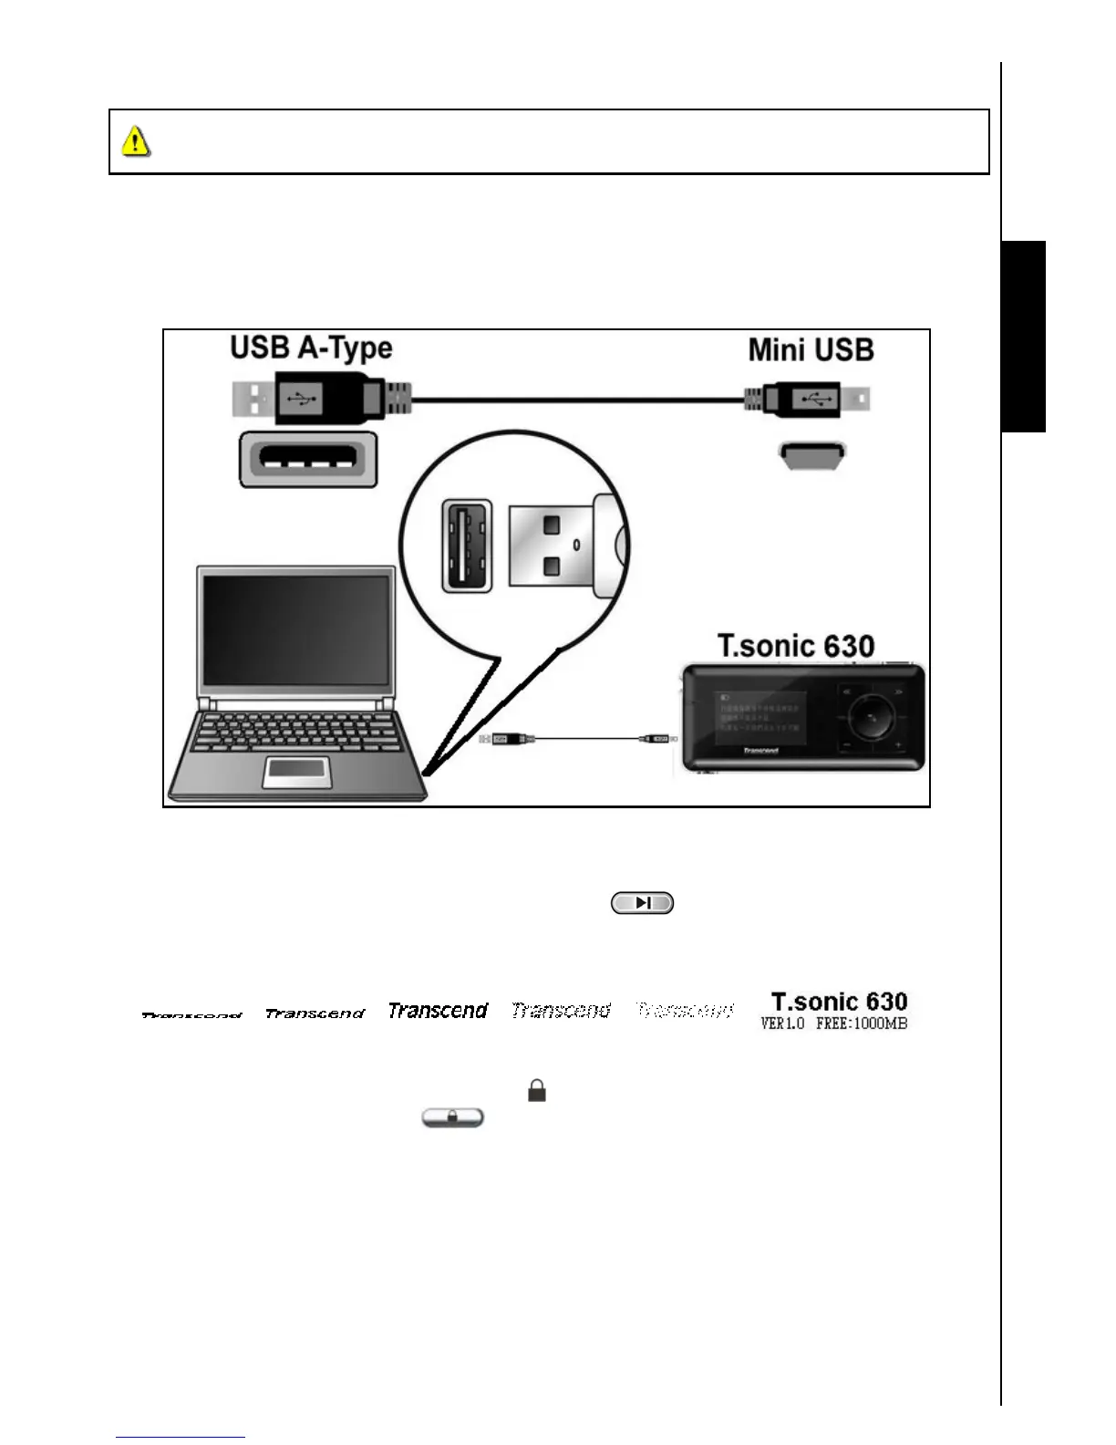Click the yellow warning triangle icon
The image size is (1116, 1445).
pos(136,141)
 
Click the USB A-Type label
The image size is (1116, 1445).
pos(311,348)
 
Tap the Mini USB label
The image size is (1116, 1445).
pos(811,350)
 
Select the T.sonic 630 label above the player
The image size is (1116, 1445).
pos(796,646)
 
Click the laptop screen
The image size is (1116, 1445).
pos(295,630)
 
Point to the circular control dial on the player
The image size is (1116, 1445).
pos(872,719)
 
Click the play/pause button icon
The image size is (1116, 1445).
pos(642,903)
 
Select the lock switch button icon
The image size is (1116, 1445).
pos(452,1118)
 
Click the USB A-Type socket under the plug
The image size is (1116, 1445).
pos(308,459)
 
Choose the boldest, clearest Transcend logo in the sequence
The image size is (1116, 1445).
pos(438,1011)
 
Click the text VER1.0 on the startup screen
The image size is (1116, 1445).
pos(782,1024)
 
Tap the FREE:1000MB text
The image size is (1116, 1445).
pos(861,1024)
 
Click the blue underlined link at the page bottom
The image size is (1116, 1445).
pos(181,1438)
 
